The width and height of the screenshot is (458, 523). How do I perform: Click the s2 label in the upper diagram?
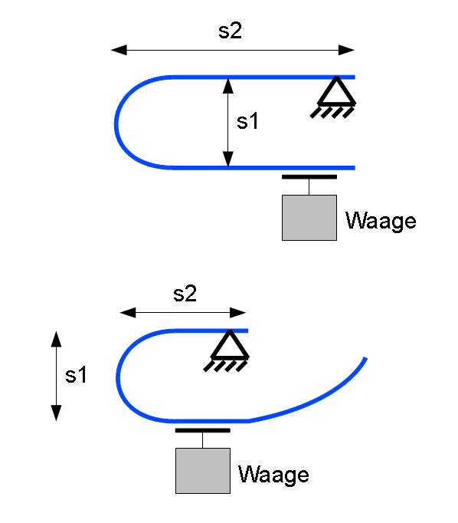[x=230, y=31]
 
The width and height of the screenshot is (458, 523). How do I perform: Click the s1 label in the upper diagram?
[x=247, y=120]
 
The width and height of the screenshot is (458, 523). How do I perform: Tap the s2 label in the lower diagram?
[x=185, y=294]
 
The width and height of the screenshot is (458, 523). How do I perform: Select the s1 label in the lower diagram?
[x=76, y=374]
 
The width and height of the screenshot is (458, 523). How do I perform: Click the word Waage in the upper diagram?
[x=381, y=221]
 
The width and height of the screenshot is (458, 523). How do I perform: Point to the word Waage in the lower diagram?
[x=273, y=474]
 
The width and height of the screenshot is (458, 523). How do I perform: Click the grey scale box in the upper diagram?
[x=309, y=218]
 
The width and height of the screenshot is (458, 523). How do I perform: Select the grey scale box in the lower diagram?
[x=203, y=471]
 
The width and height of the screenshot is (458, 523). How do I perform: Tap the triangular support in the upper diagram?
[x=336, y=91]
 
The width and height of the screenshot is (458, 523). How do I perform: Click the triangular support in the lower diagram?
[x=230, y=344]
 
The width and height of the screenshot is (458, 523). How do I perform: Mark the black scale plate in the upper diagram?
[x=309, y=177]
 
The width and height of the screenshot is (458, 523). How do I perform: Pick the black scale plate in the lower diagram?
[x=202, y=430]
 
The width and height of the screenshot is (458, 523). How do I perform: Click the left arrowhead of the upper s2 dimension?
[x=119, y=50]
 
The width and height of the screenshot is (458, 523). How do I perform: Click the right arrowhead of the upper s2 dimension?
[x=346, y=50]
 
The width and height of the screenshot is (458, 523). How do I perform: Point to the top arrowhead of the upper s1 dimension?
[x=227, y=86]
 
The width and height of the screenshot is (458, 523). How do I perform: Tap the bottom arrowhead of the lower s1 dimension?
[x=56, y=413]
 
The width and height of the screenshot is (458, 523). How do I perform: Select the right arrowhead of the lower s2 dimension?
[x=238, y=313]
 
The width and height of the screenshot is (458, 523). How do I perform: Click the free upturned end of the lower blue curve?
[x=365, y=359]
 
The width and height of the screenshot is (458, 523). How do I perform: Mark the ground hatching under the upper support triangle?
[x=332, y=113]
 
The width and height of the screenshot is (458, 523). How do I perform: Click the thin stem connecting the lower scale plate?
[x=202, y=440]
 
